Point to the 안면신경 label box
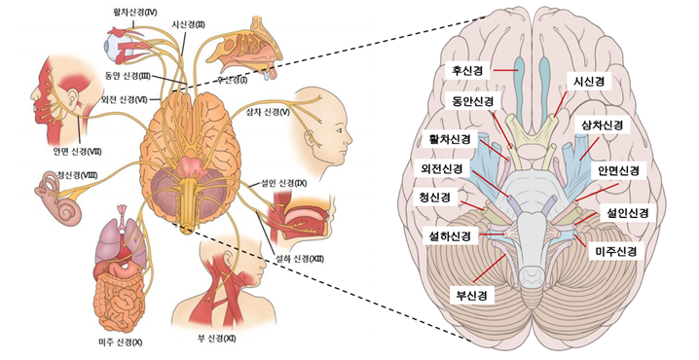(x=619, y=171)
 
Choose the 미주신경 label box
(x=615, y=251)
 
